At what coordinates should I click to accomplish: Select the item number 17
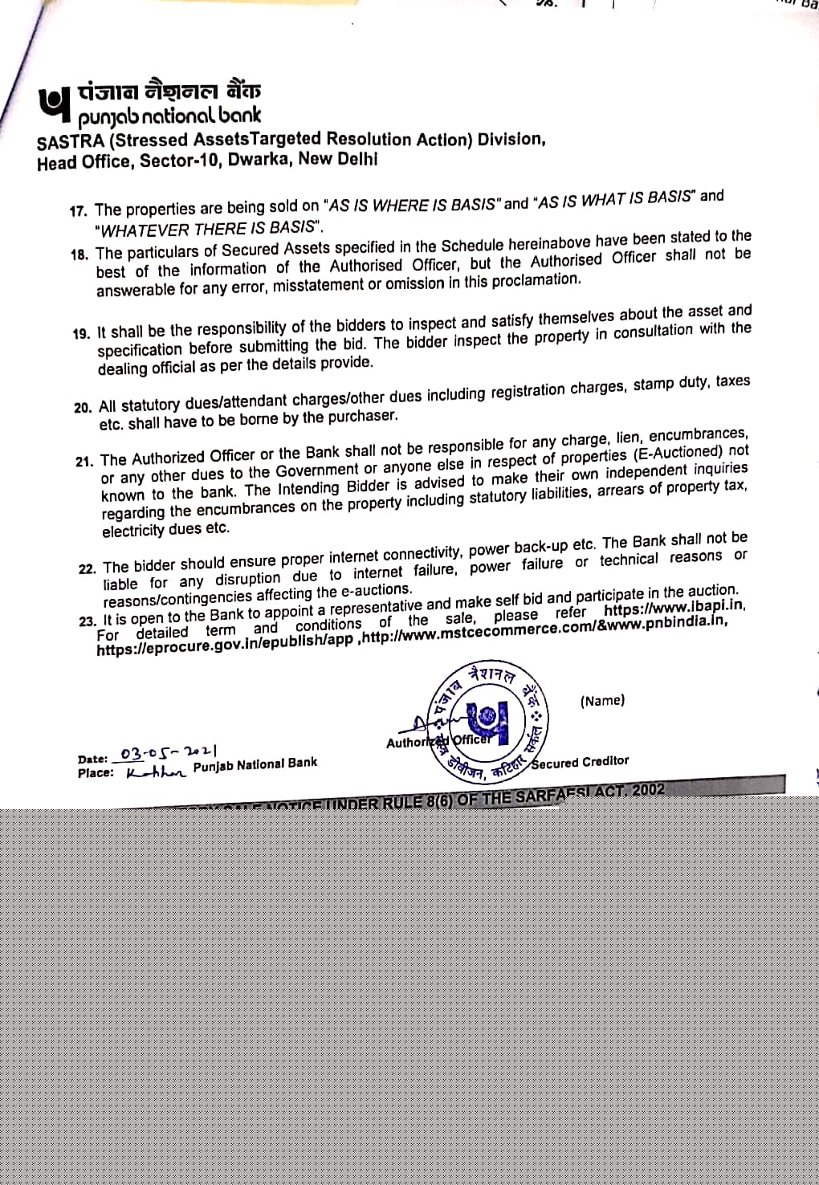[x=78, y=211]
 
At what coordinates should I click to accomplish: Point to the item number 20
[x=83, y=407]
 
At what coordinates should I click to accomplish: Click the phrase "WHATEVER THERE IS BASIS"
[x=208, y=229]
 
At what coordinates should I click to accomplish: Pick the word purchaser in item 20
[x=361, y=416]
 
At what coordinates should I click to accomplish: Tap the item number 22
[x=87, y=568]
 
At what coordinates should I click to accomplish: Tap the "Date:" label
[x=92, y=759]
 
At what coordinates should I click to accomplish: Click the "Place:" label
[x=96, y=773]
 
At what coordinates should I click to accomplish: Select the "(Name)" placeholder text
[x=602, y=701]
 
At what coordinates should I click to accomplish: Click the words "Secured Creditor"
[x=580, y=762]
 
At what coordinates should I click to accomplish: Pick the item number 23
[x=88, y=621]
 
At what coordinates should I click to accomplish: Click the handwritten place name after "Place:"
[x=156, y=772]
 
